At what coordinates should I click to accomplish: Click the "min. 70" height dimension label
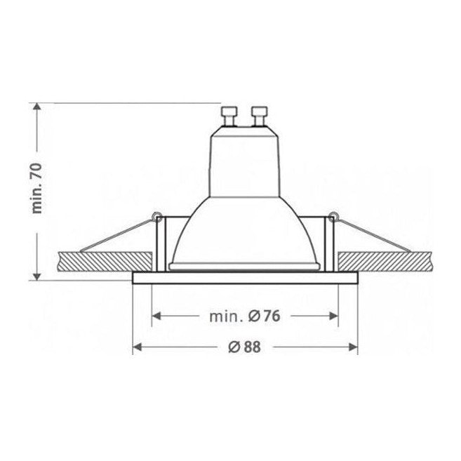(37, 188)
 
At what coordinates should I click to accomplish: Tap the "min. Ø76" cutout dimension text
(245, 316)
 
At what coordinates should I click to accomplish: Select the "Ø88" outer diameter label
(244, 347)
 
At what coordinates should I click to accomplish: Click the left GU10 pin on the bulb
(229, 116)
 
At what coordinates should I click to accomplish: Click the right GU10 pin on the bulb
(260, 116)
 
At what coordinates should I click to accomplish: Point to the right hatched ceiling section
(386, 262)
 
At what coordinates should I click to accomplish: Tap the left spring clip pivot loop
(157, 217)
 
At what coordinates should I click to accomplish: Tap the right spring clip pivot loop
(333, 217)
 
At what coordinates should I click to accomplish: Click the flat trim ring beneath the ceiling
(245, 278)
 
